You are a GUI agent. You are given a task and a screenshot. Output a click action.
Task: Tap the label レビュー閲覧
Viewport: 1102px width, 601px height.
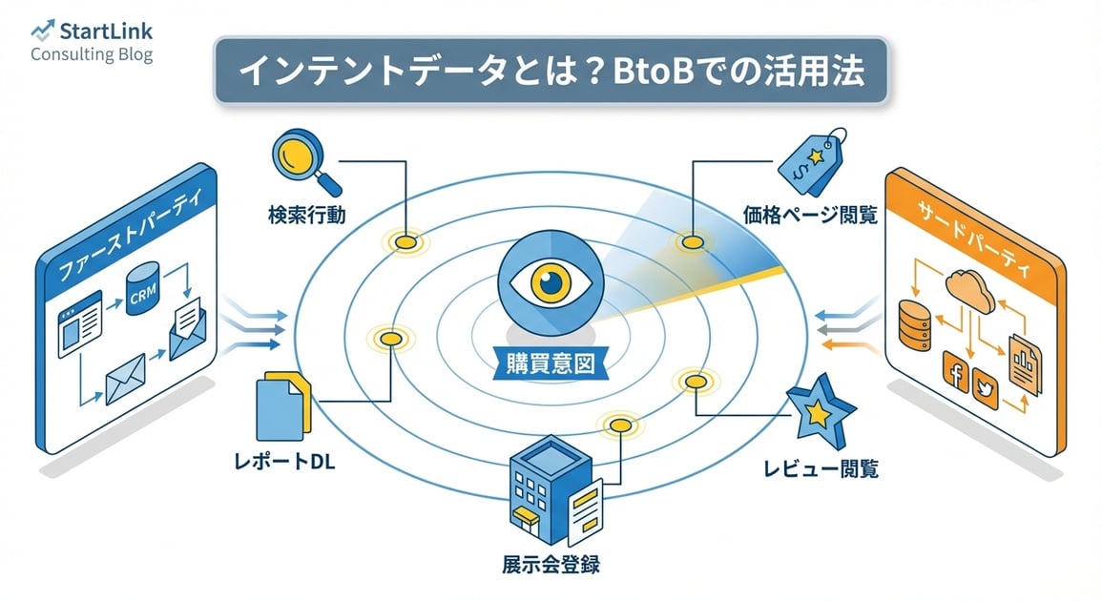821,468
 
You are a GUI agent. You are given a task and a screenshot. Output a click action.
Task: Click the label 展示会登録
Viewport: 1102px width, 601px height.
551,563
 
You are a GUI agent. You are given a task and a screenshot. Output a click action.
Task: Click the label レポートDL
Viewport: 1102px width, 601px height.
284,465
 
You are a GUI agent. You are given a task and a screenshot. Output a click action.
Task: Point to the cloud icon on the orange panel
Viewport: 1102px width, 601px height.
971,286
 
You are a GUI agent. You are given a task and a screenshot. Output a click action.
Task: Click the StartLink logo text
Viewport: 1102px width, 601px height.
105,31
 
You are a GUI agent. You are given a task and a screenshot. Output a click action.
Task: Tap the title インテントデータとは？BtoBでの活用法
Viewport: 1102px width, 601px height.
551,72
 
